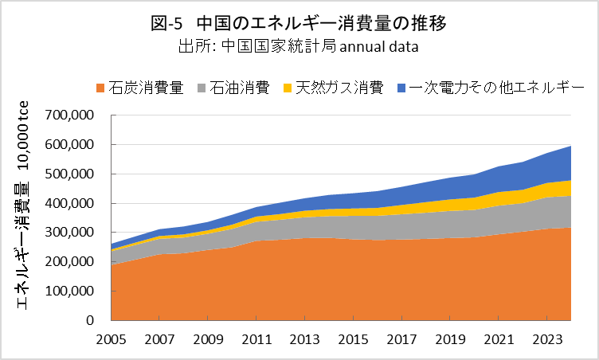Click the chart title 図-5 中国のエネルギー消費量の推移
pyautogui.click(x=299, y=23)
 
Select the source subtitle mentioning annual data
pyautogui.click(x=299, y=46)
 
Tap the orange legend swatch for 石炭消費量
pyautogui.click(x=101, y=86)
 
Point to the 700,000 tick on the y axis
pyautogui.click(x=72, y=115)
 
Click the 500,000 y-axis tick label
pyautogui.click(x=72, y=174)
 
